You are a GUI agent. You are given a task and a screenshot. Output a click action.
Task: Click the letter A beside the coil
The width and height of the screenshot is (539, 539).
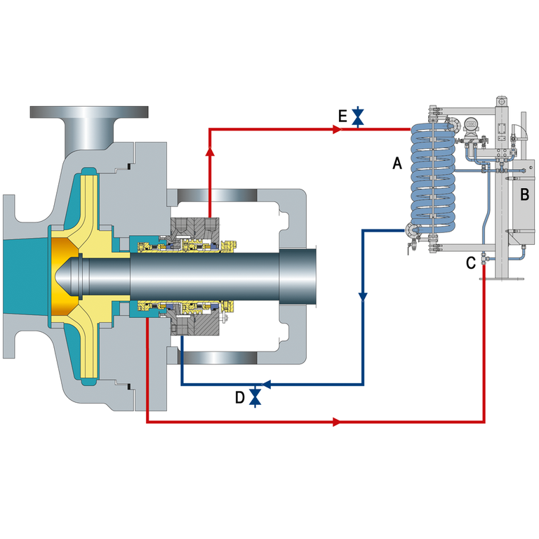397,163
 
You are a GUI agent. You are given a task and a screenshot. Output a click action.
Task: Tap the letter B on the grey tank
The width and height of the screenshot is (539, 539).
524,194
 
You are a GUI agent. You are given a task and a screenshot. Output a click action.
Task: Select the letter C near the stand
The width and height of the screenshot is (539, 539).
471,263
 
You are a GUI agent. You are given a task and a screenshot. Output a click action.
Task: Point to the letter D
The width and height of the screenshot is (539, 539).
239,397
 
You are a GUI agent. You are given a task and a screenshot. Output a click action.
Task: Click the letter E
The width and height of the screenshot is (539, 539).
342,117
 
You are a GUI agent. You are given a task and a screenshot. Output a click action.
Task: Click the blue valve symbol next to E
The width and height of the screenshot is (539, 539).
358,117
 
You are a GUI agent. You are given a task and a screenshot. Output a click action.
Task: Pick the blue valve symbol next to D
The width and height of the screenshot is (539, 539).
255,397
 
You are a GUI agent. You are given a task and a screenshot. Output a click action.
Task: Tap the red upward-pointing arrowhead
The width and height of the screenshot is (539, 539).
210,152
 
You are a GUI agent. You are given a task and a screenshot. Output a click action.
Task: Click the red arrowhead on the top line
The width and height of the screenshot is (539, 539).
337,130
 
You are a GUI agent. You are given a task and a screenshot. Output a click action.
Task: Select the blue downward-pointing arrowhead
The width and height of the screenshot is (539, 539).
363,297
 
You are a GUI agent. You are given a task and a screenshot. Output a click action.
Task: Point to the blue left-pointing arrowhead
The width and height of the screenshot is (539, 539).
266,384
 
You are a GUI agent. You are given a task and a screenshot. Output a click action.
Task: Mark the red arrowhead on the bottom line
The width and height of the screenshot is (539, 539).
337,422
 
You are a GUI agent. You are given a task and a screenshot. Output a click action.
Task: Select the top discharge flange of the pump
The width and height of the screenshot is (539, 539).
89,112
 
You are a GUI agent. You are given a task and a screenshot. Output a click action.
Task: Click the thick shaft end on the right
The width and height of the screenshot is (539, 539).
298,277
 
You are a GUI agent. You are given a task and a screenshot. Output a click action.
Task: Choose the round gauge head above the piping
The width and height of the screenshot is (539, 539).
472,124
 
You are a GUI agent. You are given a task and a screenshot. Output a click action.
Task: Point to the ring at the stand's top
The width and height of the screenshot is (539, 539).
502,101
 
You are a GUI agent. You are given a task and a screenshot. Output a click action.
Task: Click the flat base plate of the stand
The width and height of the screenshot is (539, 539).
502,279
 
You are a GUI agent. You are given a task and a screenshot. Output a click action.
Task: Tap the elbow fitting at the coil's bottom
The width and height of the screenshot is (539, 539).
412,230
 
